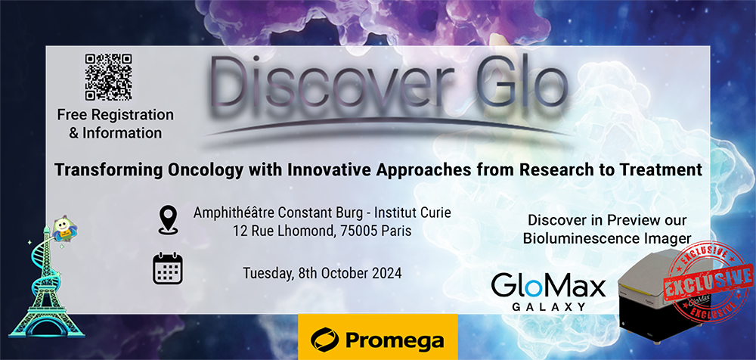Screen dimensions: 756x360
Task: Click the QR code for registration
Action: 108,76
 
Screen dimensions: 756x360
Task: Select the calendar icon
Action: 167,268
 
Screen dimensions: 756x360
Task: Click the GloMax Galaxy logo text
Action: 548,291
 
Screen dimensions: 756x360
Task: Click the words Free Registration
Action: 116,115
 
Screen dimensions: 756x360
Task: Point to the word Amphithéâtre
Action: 232,213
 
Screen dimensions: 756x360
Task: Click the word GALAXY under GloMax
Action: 549,306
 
